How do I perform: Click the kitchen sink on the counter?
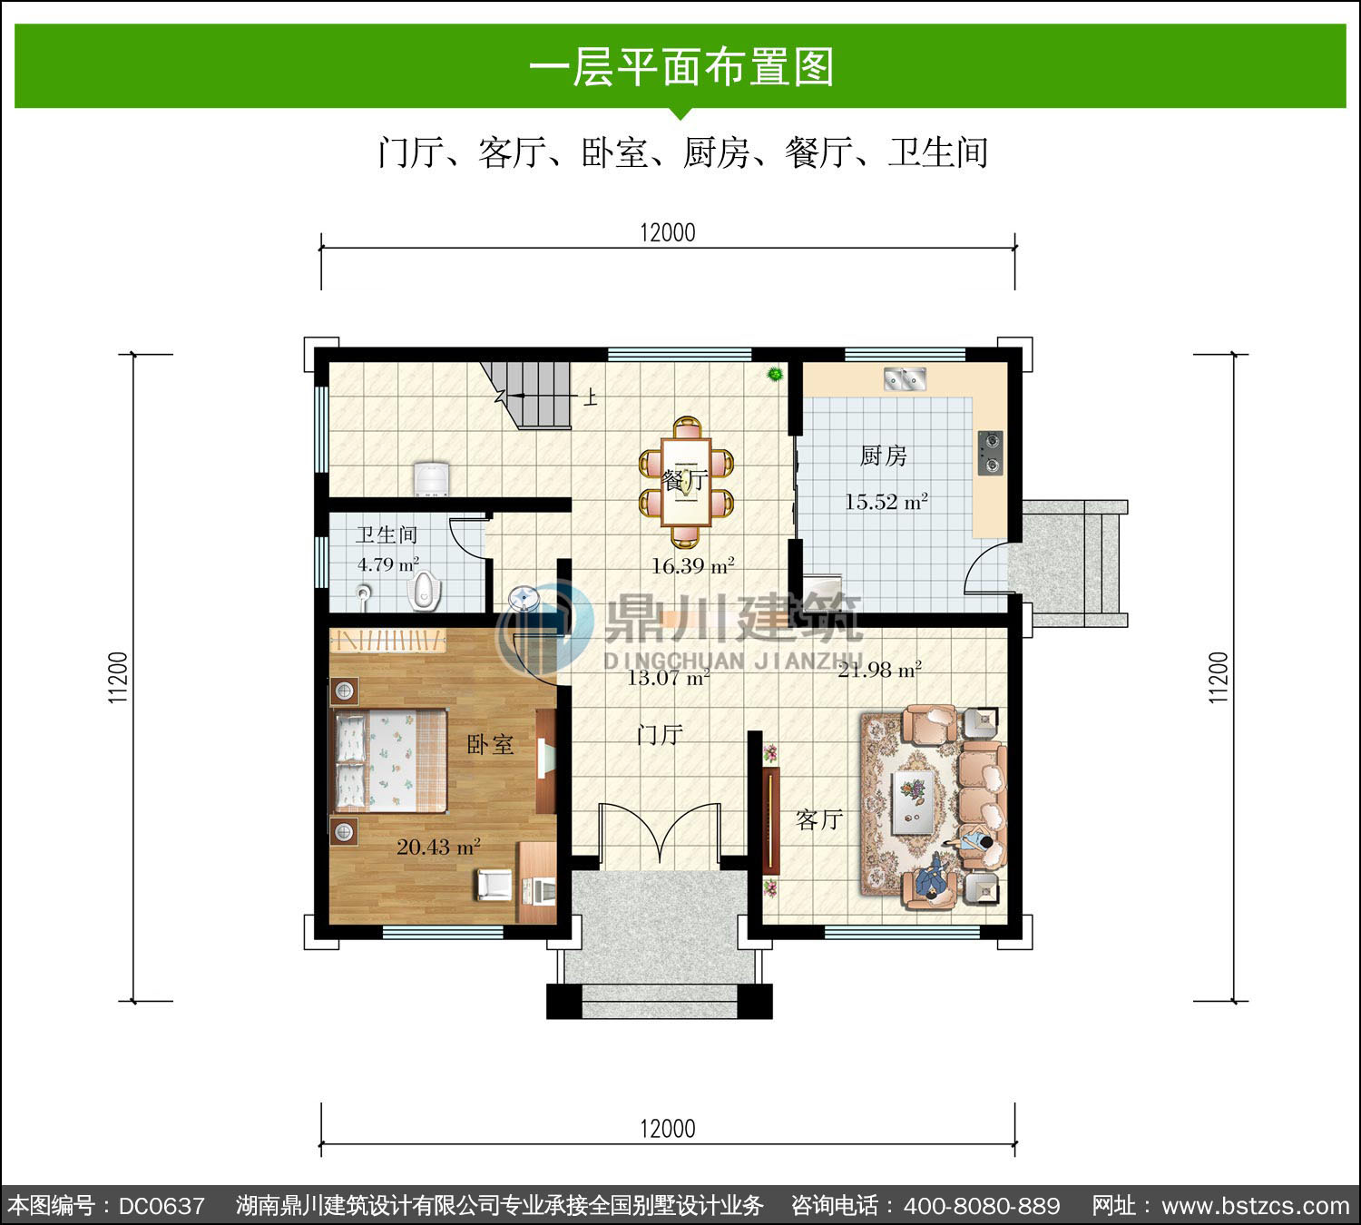906,378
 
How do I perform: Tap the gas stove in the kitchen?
991,453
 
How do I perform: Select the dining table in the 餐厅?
687,483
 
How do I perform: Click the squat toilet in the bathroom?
424,590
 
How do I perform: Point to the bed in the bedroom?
389,760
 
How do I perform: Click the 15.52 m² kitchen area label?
886,502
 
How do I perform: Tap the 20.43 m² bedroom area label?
438,847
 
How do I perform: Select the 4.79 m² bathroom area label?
388,564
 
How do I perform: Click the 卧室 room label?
490,745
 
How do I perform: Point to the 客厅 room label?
819,819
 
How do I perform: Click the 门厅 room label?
661,734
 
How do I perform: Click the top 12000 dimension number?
668,233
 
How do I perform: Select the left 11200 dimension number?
118,677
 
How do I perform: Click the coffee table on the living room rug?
913,801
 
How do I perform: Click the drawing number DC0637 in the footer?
162,1205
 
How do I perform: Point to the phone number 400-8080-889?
981,1205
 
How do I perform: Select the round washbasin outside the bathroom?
524,598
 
